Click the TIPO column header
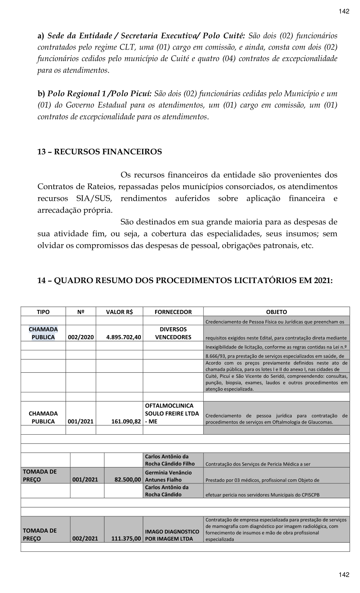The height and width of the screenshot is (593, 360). coord(43,312)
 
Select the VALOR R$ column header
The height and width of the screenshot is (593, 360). coord(119,312)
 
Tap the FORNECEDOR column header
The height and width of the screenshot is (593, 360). coord(173,312)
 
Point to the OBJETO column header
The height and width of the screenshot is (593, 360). coord(276,312)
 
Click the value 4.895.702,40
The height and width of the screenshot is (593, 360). coord(124,337)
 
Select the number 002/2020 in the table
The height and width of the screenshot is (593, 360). coord(81,337)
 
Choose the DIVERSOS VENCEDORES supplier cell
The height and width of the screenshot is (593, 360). coord(173,333)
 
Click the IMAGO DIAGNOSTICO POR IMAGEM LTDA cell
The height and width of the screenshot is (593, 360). coord(172,535)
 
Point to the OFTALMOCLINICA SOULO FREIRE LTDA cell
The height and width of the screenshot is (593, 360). coord(172,413)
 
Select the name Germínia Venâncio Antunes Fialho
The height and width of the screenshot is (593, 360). coord(168,476)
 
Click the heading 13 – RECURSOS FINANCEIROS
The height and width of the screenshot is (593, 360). coord(100,152)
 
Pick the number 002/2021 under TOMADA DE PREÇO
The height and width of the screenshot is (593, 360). coord(85,539)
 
